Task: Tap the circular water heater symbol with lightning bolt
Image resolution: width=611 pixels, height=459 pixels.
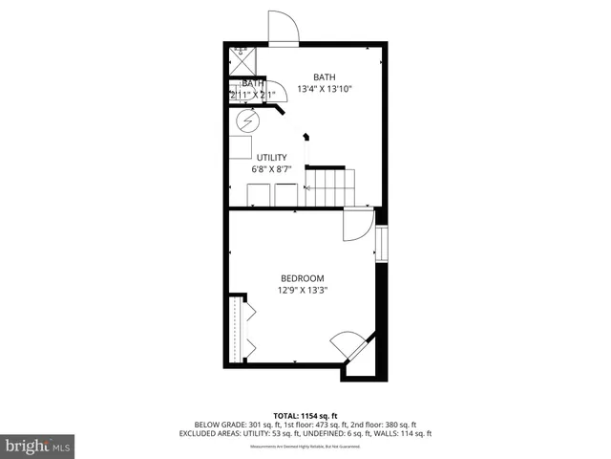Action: coord(247,122)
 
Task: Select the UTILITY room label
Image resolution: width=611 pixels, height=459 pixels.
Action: coord(272,157)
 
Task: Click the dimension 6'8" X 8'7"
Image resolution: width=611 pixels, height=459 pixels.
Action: coord(272,169)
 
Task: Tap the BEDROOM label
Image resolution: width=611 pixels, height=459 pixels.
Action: coord(302,278)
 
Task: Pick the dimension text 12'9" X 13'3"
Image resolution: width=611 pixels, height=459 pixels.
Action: coord(302,291)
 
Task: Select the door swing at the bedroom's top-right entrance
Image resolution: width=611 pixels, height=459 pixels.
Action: coord(358,225)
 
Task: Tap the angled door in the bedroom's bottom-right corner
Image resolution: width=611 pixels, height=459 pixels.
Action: coord(346,345)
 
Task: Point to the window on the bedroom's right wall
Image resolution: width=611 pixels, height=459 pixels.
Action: coord(381,243)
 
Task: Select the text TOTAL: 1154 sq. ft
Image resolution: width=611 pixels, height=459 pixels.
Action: coord(305,416)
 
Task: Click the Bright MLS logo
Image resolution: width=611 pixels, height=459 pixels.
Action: coord(38,445)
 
